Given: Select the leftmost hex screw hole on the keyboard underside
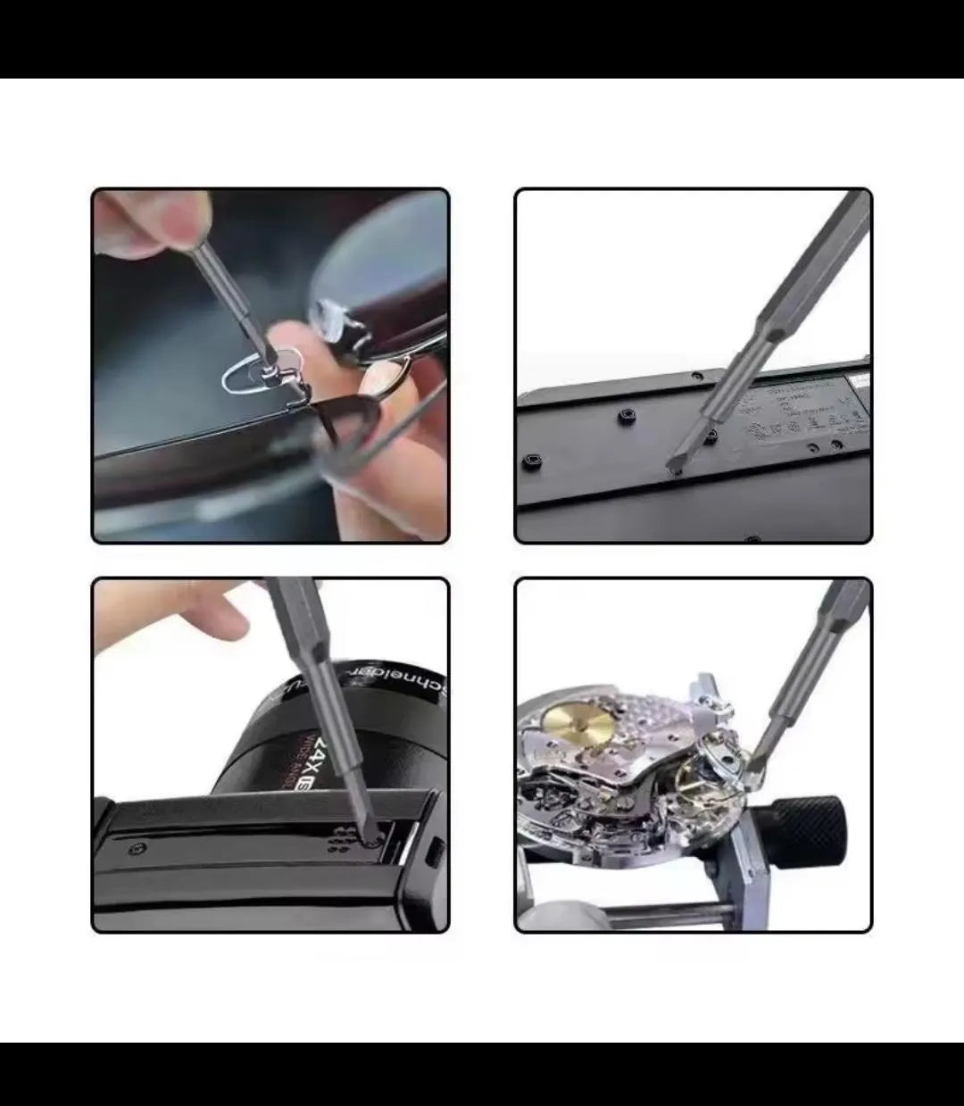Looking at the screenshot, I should tap(528, 462).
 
